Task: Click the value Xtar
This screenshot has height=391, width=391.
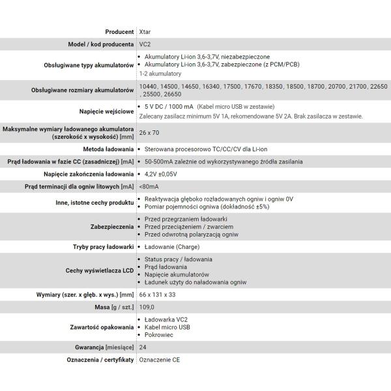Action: [x=145, y=31]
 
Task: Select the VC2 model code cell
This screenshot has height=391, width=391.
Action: [x=145, y=44]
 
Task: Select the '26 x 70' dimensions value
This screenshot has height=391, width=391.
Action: [x=149, y=133]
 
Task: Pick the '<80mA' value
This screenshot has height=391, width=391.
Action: [x=149, y=186]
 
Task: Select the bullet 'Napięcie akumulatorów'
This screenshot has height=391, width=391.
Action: [x=177, y=274]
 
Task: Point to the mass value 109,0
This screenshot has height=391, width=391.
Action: [x=147, y=307]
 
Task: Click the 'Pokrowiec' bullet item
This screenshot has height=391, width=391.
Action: [x=159, y=334]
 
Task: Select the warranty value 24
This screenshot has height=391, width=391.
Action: [x=143, y=347]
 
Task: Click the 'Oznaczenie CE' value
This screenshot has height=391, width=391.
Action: [x=159, y=360]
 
